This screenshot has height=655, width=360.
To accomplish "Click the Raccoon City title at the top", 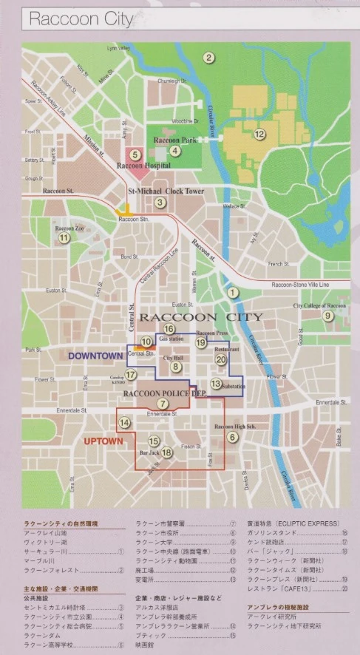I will [81, 20].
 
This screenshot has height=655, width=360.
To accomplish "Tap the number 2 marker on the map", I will [209, 58].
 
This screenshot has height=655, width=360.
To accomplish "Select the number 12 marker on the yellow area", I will [259, 134].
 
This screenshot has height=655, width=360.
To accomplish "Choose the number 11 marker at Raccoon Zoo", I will [64, 237].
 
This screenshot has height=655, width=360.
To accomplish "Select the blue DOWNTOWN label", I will [95, 356].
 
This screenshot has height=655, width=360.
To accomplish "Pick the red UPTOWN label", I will [103, 441].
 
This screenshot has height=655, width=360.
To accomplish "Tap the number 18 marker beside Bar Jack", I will [167, 452].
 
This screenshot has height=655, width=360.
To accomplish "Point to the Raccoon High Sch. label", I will [234, 427].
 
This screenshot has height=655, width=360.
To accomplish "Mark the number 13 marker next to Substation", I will [216, 384].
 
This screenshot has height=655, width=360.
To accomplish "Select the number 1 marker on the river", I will [234, 293].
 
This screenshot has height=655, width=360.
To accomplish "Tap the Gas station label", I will [171, 339].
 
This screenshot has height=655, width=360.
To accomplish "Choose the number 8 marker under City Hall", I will [175, 367].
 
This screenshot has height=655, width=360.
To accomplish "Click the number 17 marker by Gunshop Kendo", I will [130, 375].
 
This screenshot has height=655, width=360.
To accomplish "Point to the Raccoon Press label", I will [211, 333].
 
